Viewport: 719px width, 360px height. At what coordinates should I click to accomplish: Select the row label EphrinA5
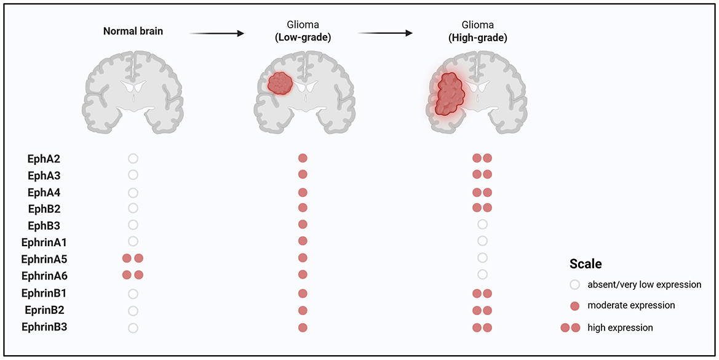45,258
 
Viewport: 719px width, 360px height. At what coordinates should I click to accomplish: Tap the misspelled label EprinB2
45,310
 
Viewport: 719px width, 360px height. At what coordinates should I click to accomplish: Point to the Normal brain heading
133,31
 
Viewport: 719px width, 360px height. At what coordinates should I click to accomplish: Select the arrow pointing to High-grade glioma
384,33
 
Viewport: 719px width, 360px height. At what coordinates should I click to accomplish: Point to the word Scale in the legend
585,264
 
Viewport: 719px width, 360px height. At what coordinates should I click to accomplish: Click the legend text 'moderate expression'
631,306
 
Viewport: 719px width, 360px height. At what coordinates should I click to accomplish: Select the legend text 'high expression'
620,327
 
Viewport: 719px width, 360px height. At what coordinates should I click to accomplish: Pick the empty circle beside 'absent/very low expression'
575,285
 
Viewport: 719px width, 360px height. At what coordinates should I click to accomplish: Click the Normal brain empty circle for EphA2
133,158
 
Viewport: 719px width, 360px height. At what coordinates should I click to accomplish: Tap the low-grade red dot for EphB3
303,225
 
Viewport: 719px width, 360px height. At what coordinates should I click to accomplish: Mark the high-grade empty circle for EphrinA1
483,241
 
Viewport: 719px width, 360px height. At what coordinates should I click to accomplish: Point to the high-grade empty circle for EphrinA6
483,274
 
